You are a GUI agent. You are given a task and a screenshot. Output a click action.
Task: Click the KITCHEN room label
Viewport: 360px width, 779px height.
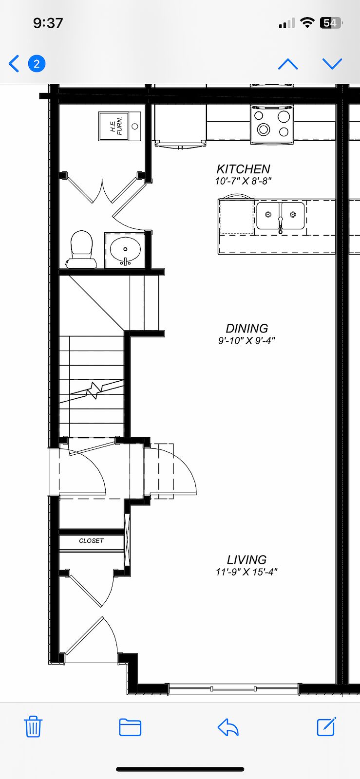[243, 169]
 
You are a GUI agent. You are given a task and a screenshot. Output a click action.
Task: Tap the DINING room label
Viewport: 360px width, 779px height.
[247, 328]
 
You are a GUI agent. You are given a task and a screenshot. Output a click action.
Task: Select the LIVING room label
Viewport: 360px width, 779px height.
[246, 559]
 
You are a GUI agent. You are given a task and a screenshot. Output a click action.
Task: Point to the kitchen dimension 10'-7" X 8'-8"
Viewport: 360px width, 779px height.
[243, 181]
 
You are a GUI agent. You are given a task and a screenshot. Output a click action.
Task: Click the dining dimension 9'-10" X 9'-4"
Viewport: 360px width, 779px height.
[246, 340]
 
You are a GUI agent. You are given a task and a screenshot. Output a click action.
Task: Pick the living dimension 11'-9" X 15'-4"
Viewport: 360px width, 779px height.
[246, 572]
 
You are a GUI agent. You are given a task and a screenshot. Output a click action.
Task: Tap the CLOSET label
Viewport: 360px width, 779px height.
[91, 541]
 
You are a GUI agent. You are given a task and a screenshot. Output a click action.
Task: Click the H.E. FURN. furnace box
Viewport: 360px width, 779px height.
[120, 126]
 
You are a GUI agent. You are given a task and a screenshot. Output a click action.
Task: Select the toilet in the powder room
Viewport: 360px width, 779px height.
[82, 249]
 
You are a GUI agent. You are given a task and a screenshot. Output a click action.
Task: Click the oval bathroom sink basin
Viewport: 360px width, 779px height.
[125, 249]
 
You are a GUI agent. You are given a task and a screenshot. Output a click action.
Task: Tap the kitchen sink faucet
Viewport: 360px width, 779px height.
[280, 225]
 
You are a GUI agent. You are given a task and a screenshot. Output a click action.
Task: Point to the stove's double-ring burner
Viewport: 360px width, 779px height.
[264, 130]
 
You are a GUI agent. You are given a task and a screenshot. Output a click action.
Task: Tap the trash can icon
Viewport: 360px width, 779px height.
[33, 726]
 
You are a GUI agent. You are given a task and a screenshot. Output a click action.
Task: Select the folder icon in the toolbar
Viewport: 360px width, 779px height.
[130, 727]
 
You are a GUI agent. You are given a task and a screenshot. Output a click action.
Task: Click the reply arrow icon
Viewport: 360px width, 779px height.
[228, 727]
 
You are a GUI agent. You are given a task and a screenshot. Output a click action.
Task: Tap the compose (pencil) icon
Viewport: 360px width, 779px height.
[326, 726]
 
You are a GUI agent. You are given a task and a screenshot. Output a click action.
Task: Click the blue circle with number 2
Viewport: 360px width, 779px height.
[37, 64]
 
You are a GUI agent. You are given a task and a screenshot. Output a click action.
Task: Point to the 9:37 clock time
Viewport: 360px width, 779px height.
[48, 23]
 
